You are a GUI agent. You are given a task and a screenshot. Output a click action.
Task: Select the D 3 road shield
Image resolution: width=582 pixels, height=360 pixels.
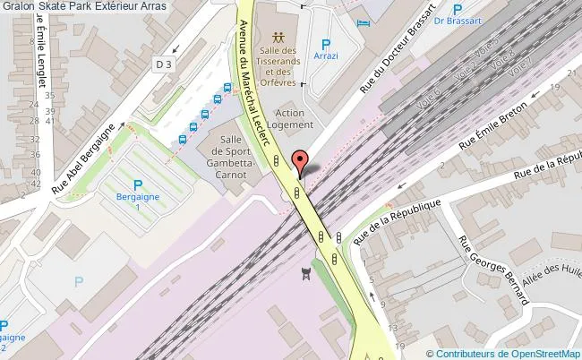pos(162,64)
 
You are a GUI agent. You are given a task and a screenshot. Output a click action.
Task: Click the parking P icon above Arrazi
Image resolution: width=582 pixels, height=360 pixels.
pos(326,42)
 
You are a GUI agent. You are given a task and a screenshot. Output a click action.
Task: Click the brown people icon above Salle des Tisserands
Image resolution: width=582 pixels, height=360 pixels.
pos(278,38)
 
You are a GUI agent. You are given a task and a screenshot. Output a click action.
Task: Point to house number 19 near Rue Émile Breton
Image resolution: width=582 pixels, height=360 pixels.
pos(555,87)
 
